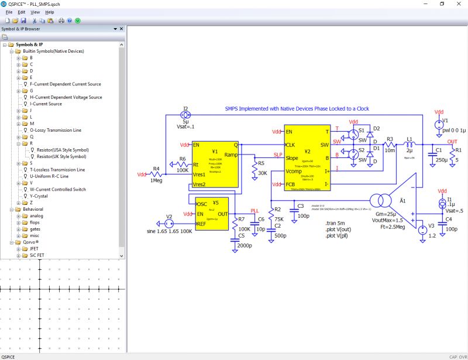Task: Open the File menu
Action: (x=9, y=12)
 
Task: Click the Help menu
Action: (x=50, y=12)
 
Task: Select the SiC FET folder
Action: (x=39, y=255)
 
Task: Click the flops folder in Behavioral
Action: (x=36, y=222)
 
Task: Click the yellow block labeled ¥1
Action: (x=215, y=164)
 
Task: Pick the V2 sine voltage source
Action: (x=169, y=224)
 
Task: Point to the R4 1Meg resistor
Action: (x=156, y=174)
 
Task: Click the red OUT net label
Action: (x=452, y=142)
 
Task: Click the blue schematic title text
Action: (x=297, y=109)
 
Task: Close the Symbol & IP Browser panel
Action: (x=122, y=29)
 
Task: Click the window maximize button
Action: (x=442, y=4)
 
